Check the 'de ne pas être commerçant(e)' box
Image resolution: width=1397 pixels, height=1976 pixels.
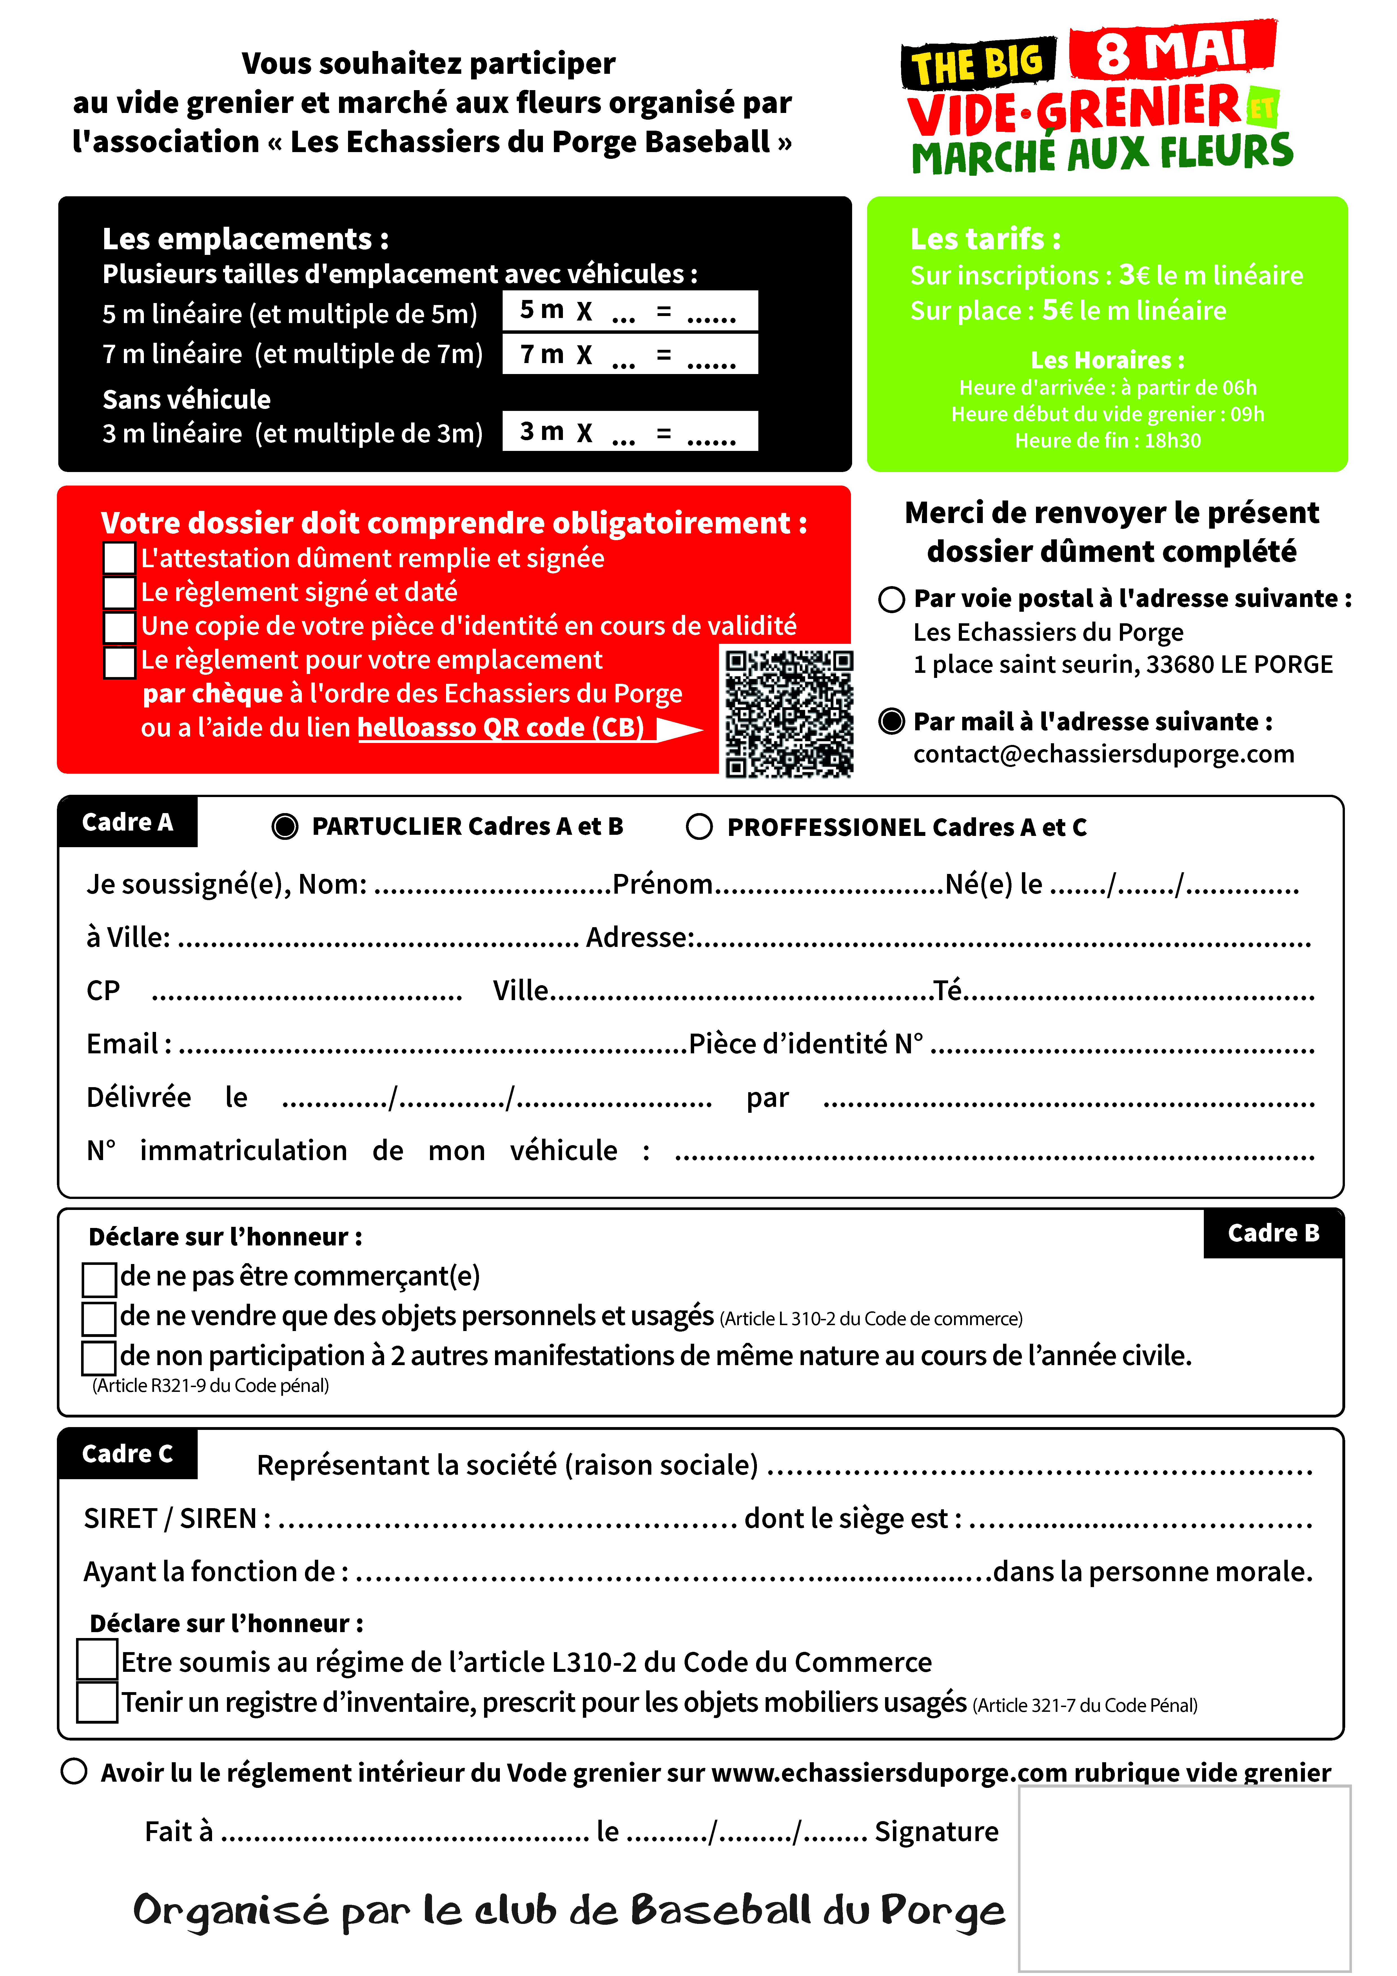99,1279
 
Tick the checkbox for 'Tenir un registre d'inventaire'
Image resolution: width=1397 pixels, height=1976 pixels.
97,1702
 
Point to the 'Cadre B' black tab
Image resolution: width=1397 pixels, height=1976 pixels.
1273,1233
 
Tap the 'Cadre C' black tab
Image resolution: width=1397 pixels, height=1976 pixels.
127,1454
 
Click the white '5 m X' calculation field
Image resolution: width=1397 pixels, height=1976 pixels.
630,311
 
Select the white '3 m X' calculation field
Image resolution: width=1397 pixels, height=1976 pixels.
630,431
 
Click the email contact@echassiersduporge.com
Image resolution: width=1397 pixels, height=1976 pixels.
1104,754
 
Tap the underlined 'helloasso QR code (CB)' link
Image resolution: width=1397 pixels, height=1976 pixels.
501,728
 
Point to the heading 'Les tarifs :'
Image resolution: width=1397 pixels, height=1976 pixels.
986,238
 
